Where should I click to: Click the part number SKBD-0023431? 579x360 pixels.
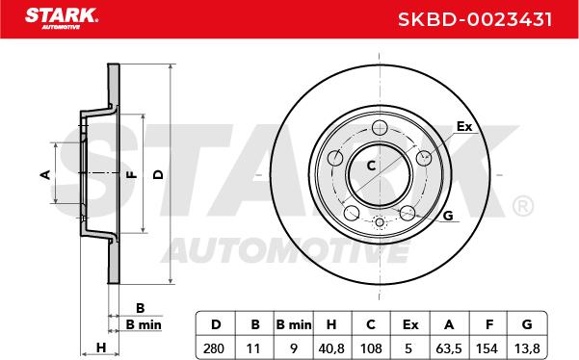point(475,19)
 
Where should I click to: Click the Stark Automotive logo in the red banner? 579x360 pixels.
point(62,18)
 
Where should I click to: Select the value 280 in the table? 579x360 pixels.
point(214,348)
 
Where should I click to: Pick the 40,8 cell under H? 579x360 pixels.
point(330,348)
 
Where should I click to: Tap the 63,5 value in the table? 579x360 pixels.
point(449,348)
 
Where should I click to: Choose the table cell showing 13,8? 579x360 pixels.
point(527,348)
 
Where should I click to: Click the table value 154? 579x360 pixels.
point(487,348)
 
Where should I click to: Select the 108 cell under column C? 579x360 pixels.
point(371,348)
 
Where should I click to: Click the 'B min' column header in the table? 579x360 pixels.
point(294,324)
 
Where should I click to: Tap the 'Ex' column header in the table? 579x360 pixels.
point(410,324)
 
